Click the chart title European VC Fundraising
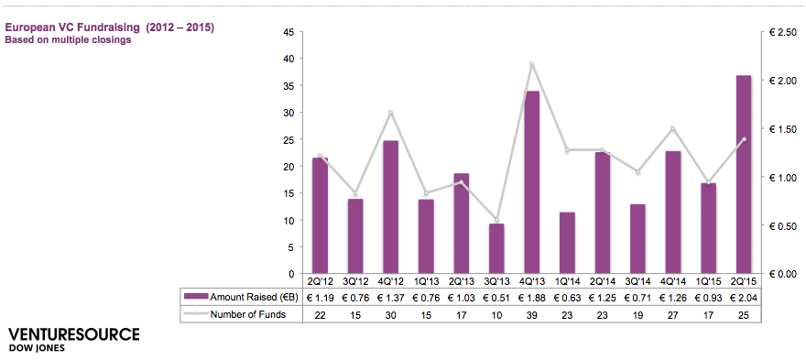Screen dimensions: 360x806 [x=109, y=27]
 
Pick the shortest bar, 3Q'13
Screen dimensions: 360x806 [x=496, y=248]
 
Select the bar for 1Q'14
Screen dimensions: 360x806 [x=567, y=243]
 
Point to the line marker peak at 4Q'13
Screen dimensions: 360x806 [x=531, y=64]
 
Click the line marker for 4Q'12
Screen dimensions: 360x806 [x=390, y=113]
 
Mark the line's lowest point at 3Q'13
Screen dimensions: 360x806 [x=496, y=220]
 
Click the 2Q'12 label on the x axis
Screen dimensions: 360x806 [x=320, y=281]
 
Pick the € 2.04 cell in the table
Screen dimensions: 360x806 [x=743, y=297]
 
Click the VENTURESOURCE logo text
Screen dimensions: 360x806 [x=74, y=334]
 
